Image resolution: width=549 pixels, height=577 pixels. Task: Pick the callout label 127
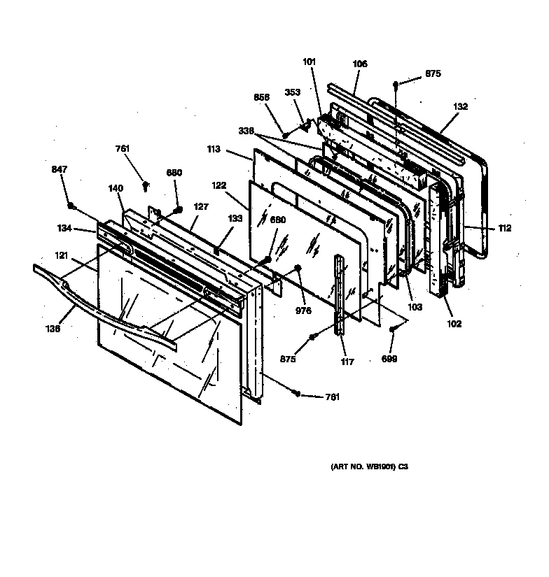(202, 206)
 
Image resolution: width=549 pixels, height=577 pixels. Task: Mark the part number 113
(214, 149)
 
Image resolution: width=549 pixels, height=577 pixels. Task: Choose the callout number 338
(246, 131)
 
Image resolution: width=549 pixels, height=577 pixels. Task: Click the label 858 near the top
(260, 99)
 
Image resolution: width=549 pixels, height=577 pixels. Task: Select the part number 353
(292, 92)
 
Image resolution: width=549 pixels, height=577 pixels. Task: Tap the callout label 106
(359, 64)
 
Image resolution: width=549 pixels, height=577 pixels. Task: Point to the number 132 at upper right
(460, 107)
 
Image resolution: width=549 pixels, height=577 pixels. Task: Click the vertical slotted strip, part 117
(341, 294)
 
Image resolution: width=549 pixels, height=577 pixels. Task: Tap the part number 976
(303, 311)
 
